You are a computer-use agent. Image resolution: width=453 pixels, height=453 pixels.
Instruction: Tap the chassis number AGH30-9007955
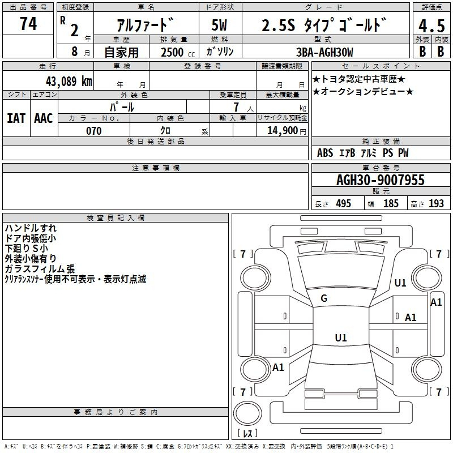pos(380,181)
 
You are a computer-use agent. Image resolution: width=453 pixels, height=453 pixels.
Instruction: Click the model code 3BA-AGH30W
pos(324,52)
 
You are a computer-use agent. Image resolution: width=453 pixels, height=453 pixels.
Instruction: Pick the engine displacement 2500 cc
pos(175,52)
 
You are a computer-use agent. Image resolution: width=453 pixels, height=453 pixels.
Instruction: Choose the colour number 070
pos(93,131)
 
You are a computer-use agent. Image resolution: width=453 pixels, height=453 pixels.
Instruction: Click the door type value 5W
pos(220,25)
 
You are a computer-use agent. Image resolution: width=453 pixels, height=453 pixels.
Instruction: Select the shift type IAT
pos(16,118)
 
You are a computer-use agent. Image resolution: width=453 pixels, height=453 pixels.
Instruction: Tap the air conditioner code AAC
pos(43,118)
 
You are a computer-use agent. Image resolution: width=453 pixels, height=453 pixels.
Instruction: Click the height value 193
pos(436,204)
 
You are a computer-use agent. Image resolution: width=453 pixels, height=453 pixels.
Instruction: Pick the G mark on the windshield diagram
pos(324,298)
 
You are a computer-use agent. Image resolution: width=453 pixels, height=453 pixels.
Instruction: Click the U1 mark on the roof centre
pos(340,338)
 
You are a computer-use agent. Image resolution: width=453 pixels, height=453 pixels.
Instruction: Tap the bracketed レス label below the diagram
pos(247,433)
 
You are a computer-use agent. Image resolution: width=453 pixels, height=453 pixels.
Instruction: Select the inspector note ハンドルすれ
pos(31,228)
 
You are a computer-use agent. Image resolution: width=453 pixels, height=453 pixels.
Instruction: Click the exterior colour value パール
pos(122,106)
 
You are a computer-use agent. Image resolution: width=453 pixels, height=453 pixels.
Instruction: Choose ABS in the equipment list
pos(325,153)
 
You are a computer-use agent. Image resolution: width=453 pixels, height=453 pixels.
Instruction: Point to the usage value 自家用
pos(121,52)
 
